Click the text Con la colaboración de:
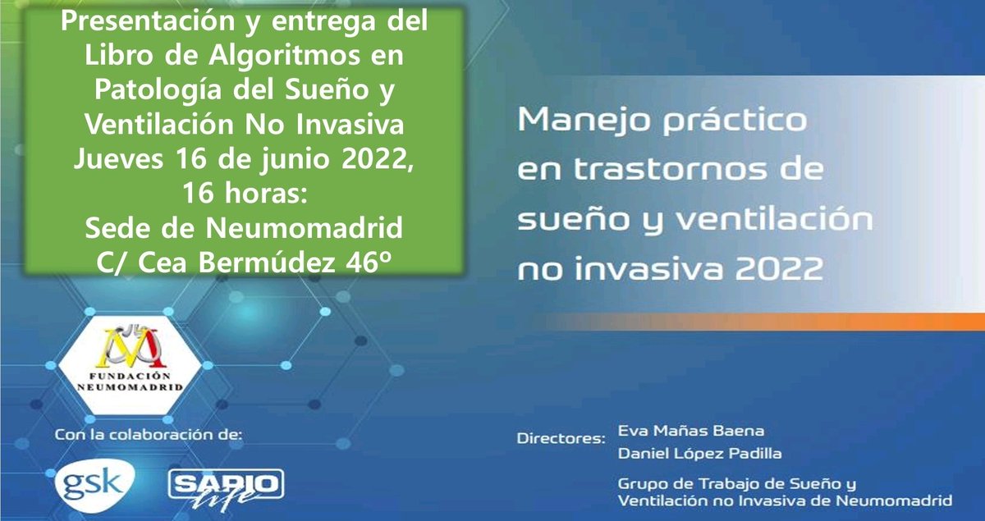149,434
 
